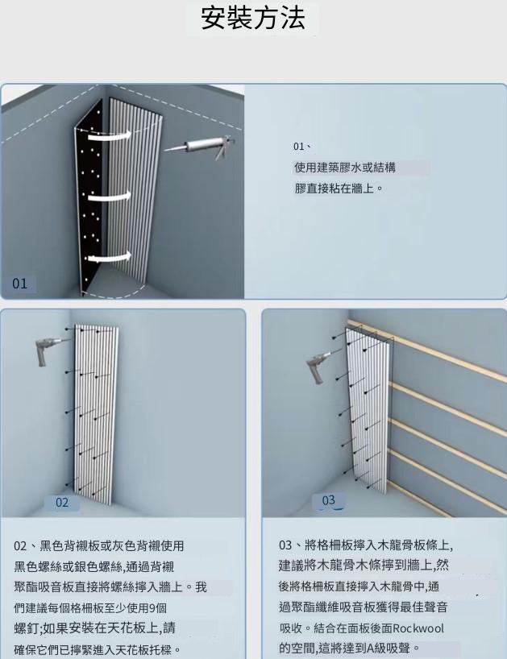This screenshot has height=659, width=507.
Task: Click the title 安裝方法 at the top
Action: pyautogui.click(x=253, y=18)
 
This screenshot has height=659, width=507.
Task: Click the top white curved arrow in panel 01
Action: pyautogui.click(x=110, y=135)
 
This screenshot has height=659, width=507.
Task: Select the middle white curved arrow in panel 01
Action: pyautogui.click(x=110, y=197)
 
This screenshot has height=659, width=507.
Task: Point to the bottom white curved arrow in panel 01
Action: pyautogui.click(x=110, y=258)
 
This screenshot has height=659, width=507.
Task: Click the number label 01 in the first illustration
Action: pyautogui.click(x=20, y=284)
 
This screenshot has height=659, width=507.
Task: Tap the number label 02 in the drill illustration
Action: pyautogui.click(x=62, y=503)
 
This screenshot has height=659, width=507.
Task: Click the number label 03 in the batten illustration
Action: pyautogui.click(x=328, y=500)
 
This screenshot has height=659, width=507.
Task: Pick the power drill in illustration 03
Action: pyautogui.click(x=320, y=366)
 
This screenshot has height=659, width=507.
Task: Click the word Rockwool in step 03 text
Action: pyautogui.click(x=418, y=628)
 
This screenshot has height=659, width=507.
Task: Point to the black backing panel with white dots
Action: pyautogui.click(x=90, y=197)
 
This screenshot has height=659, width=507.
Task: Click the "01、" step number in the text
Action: pyautogui.click(x=302, y=147)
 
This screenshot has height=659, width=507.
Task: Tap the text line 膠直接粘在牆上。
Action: pyautogui.click(x=339, y=189)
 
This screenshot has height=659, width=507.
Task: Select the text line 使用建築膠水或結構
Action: pyautogui.click(x=345, y=168)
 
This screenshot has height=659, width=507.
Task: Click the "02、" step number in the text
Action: pyautogui.click(x=26, y=546)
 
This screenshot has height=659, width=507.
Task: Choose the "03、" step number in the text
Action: pyautogui.click(x=291, y=545)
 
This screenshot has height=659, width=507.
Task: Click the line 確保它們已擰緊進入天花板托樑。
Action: pyautogui.click(x=98, y=649)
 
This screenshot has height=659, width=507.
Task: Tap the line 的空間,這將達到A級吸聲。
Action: pyautogui.click(x=350, y=648)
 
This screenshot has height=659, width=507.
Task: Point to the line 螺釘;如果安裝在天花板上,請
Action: pyautogui.click(x=94, y=628)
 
